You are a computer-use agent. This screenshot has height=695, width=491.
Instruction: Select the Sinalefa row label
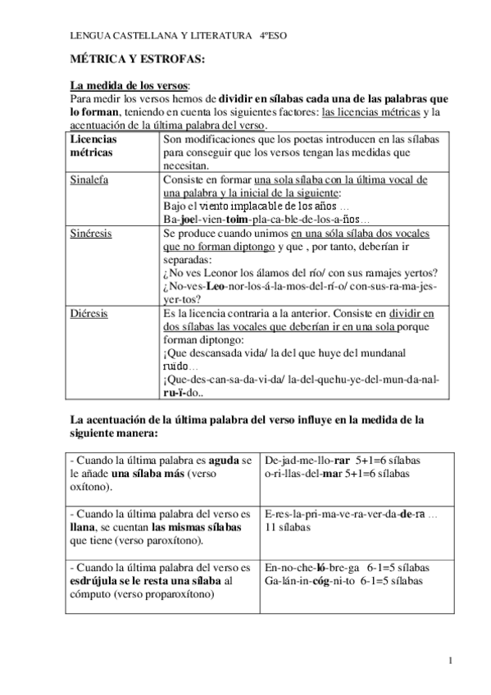click(90, 179)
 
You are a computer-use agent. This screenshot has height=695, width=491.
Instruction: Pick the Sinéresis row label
click(91, 233)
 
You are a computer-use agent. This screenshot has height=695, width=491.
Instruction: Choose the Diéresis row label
click(89, 313)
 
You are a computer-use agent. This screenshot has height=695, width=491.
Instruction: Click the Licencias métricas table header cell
click(94, 146)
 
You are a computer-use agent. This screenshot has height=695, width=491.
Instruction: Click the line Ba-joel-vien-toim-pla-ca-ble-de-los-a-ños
click(266, 220)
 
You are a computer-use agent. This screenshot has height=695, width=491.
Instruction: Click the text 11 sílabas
click(287, 528)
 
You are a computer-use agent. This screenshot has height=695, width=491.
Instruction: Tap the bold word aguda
click(223, 461)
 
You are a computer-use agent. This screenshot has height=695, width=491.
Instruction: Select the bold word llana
click(84, 528)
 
